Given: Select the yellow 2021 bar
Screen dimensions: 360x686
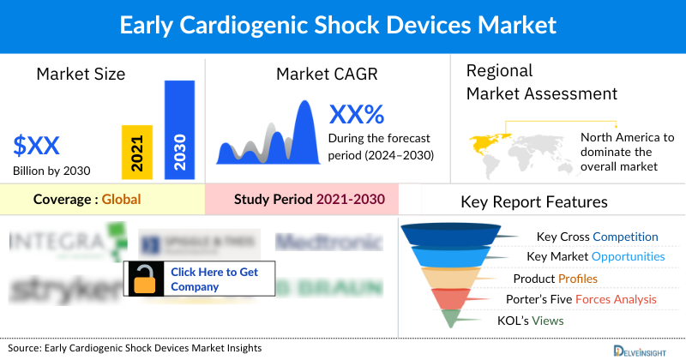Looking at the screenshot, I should (136, 152).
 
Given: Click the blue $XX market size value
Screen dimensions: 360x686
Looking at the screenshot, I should (37, 143).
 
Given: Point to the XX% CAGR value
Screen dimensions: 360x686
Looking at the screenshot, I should (357, 114).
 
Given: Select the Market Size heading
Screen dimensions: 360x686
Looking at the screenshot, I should (81, 74).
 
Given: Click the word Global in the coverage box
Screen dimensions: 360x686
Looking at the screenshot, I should (121, 200).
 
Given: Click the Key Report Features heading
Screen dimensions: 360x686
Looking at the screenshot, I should (534, 202).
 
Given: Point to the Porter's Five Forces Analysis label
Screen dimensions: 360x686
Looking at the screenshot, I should (585, 299).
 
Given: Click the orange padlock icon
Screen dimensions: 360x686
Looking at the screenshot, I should (144, 279).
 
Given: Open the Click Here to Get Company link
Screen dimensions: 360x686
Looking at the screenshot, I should (214, 279).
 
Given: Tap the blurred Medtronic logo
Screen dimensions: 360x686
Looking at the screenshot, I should (328, 243).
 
